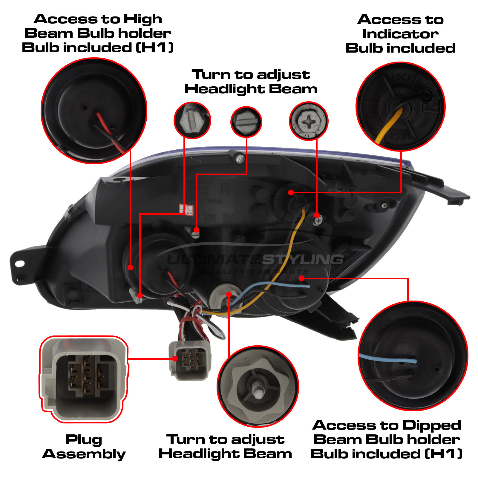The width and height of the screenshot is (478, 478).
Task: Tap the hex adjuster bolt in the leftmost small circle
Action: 192,120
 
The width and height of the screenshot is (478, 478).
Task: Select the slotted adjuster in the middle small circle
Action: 246,122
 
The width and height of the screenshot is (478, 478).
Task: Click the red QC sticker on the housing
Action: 186,209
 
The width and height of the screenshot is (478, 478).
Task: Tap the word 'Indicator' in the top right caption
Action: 400,34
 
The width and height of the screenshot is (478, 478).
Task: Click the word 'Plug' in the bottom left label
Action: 84,439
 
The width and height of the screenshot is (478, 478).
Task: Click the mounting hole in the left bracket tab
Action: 20,263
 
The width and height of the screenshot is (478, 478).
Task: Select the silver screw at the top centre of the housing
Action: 240,159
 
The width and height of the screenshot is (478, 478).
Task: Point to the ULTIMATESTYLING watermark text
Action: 255,259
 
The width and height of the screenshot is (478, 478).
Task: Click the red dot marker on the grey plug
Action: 175,358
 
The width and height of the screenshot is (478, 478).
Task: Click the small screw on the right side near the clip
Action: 384,205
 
